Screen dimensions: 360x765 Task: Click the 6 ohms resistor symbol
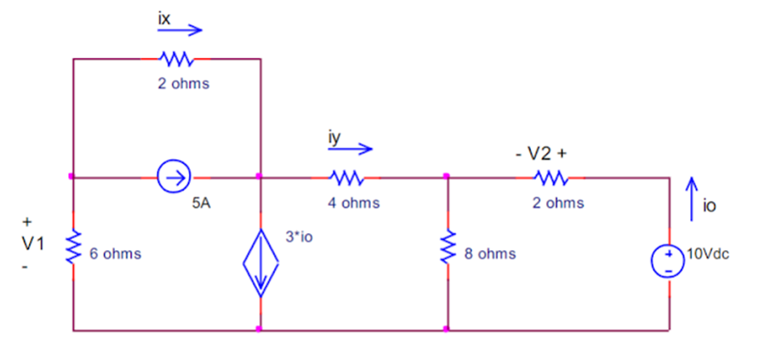tap(73, 245)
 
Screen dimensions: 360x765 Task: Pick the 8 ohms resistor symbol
tap(446, 246)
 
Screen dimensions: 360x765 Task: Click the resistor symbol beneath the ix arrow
tap(177, 60)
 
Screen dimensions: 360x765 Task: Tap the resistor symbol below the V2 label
tap(551, 178)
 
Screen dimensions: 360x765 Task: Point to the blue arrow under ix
tap(180, 31)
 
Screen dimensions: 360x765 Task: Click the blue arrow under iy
tap(350, 150)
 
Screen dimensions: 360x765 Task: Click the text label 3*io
tap(299, 236)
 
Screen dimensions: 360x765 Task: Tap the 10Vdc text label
tap(710, 254)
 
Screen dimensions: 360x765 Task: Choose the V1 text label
tap(31, 243)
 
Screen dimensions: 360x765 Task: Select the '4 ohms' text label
tap(354, 203)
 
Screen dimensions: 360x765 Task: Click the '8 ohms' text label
tap(489, 254)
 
